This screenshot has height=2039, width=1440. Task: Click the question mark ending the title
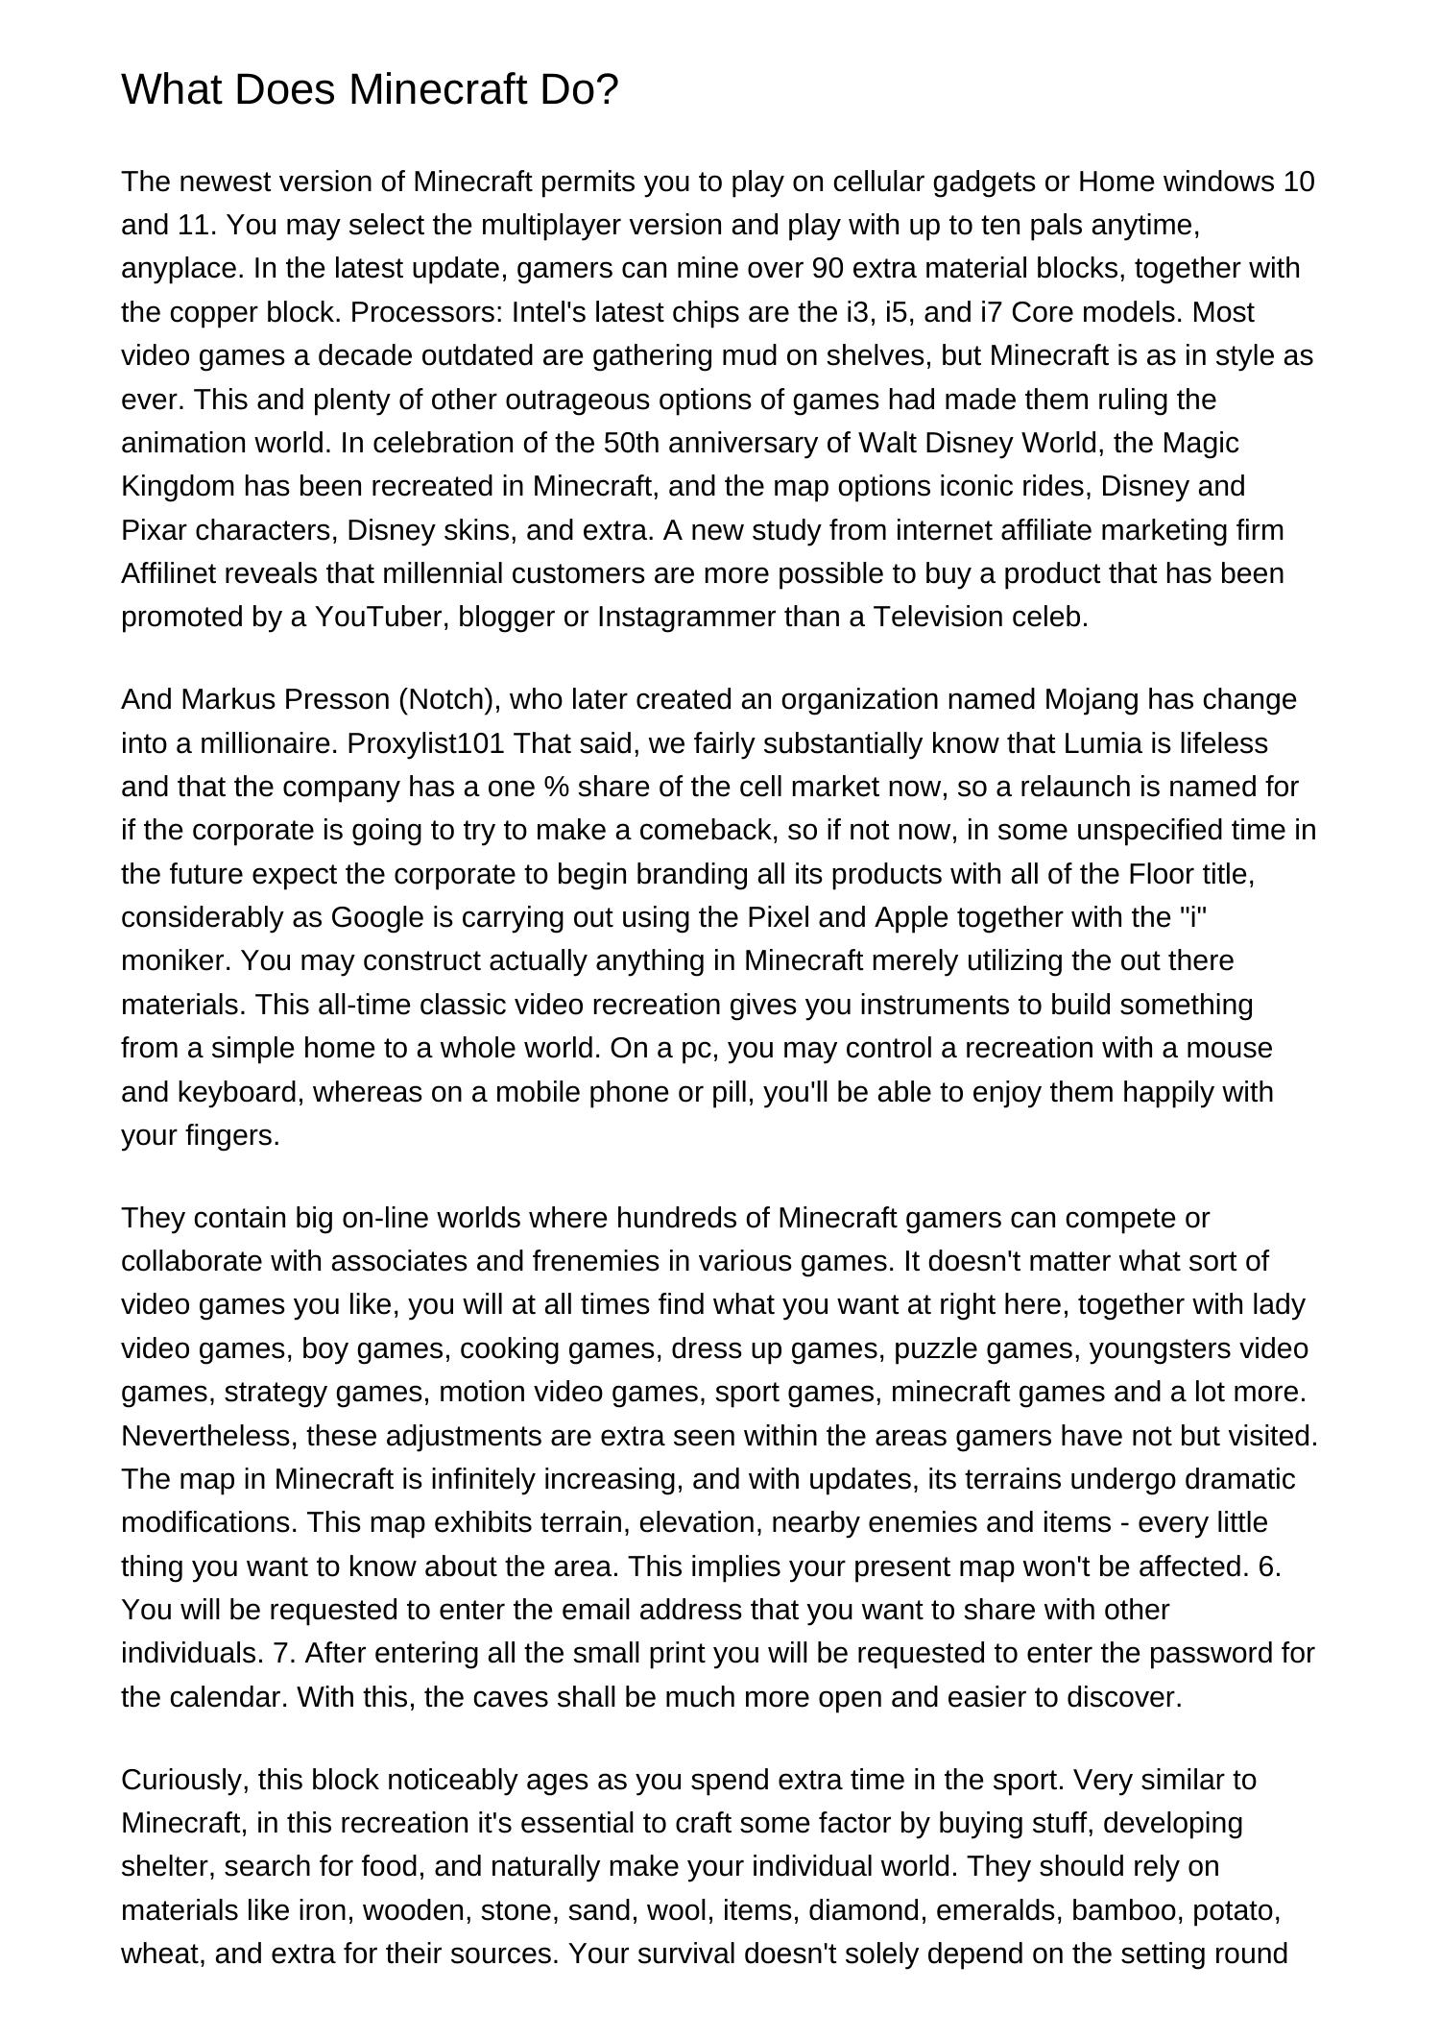(x=609, y=90)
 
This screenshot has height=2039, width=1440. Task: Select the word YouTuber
(x=382, y=617)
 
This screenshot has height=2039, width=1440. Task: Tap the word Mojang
(x=1092, y=699)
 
